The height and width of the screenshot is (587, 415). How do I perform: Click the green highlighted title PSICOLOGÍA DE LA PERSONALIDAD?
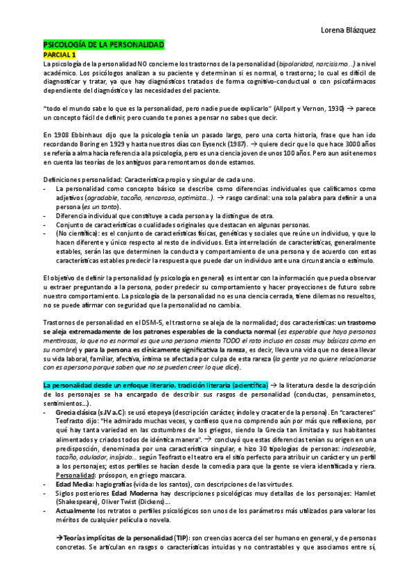coord(103,44)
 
